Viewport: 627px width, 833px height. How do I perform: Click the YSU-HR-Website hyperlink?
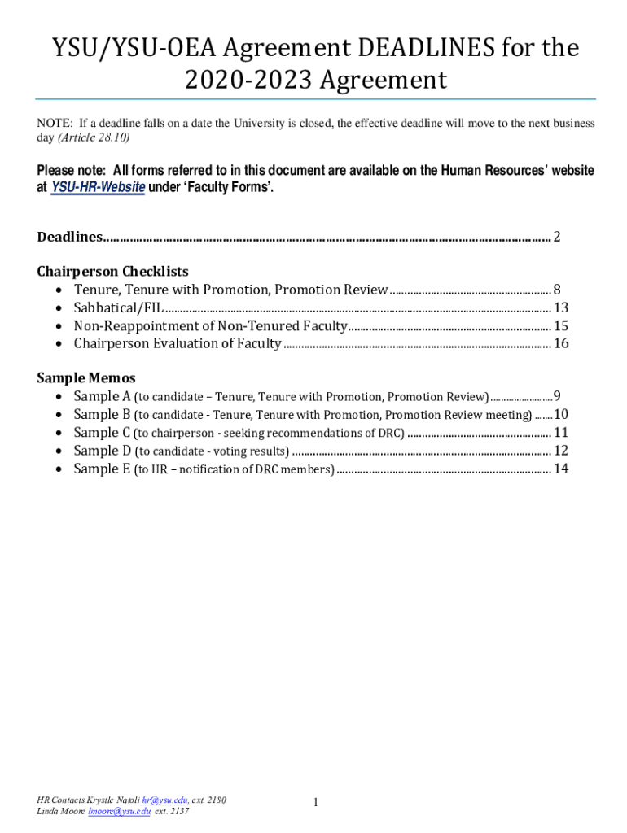(98, 187)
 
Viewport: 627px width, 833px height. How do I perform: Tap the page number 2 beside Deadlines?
(557, 237)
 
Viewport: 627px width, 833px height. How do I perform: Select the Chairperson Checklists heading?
(113, 271)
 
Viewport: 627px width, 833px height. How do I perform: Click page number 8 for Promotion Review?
(557, 289)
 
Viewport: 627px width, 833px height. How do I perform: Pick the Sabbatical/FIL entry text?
(119, 307)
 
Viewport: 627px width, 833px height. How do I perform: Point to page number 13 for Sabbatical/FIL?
(561, 307)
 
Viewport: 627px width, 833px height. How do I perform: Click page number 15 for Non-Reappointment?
(561, 325)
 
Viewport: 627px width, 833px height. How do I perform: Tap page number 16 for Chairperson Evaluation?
(561, 343)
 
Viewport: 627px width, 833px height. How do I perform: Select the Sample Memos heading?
(86, 377)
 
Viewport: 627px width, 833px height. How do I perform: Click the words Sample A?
(103, 396)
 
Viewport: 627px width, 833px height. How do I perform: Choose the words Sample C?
(103, 432)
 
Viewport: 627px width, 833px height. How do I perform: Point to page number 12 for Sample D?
(561, 450)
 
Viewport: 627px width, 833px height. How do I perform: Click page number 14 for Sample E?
(561, 469)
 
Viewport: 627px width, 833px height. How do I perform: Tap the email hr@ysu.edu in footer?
(164, 800)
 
